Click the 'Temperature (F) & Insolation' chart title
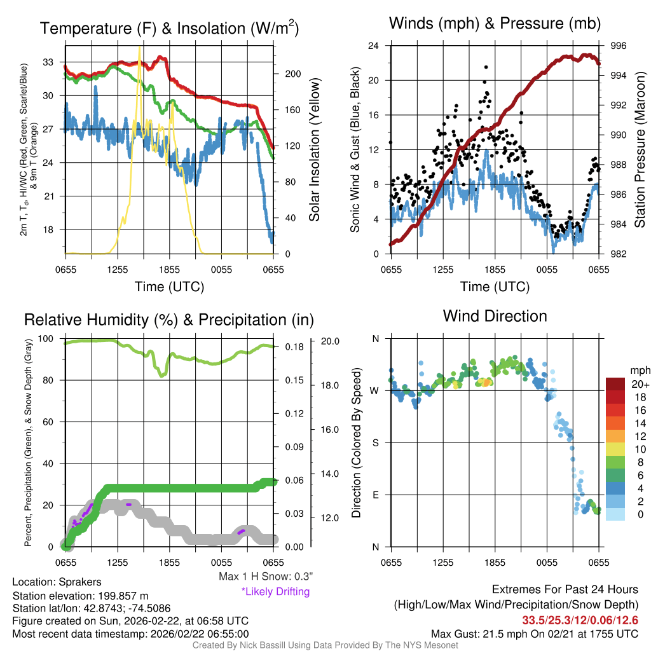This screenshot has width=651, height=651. click(x=169, y=28)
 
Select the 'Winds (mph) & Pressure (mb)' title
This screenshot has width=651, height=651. click(x=495, y=24)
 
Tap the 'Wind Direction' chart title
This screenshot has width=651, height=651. click(x=495, y=315)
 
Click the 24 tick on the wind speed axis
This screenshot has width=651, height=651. click(x=374, y=46)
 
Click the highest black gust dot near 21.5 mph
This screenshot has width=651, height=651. click(x=486, y=67)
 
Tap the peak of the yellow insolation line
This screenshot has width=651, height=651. click(x=139, y=47)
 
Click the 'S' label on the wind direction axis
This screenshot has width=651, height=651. click(x=375, y=442)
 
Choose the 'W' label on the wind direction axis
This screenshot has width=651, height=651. click(x=374, y=390)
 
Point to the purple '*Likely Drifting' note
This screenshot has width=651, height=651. click(x=275, y=591)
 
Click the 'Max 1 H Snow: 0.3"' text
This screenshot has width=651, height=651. click(x=265, y=577)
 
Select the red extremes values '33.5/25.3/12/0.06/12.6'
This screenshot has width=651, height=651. click(x=580, y=620)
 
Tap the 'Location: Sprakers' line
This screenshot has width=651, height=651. click(x=57, y=582)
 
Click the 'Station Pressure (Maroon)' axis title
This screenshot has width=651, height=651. click(x=640, y=150)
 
